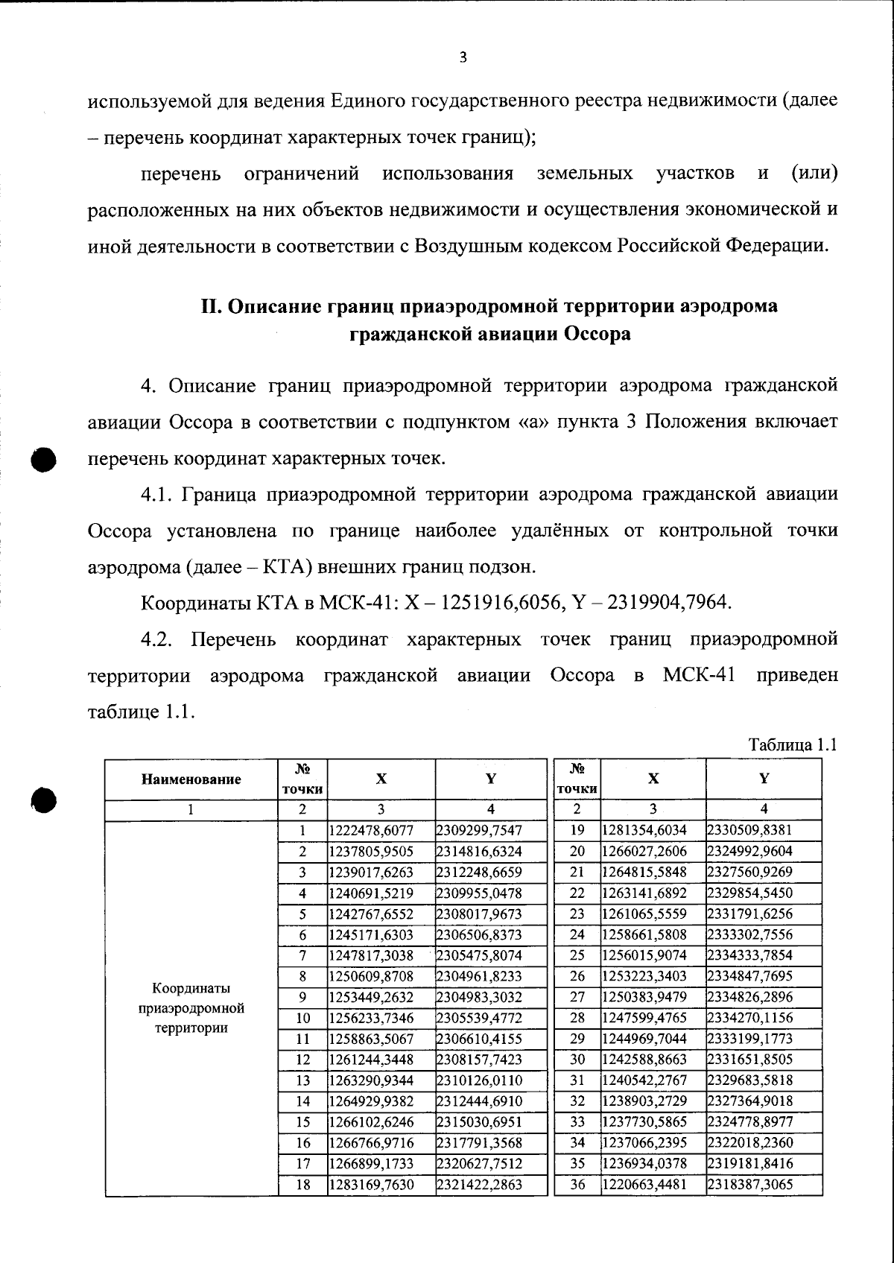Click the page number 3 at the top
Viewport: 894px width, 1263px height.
(463, 57)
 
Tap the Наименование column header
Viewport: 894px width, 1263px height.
(191, 779)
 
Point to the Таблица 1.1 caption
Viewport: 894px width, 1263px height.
(793, 744)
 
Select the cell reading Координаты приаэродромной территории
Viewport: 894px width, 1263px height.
(191, 1008)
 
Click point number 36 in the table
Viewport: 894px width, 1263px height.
(577, 1184)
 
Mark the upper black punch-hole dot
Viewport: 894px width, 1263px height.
(44, 458)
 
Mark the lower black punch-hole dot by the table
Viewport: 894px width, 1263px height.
(44, 800)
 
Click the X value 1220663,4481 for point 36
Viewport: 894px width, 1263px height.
(644, 1184)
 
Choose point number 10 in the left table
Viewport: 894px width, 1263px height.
(302, 1018)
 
